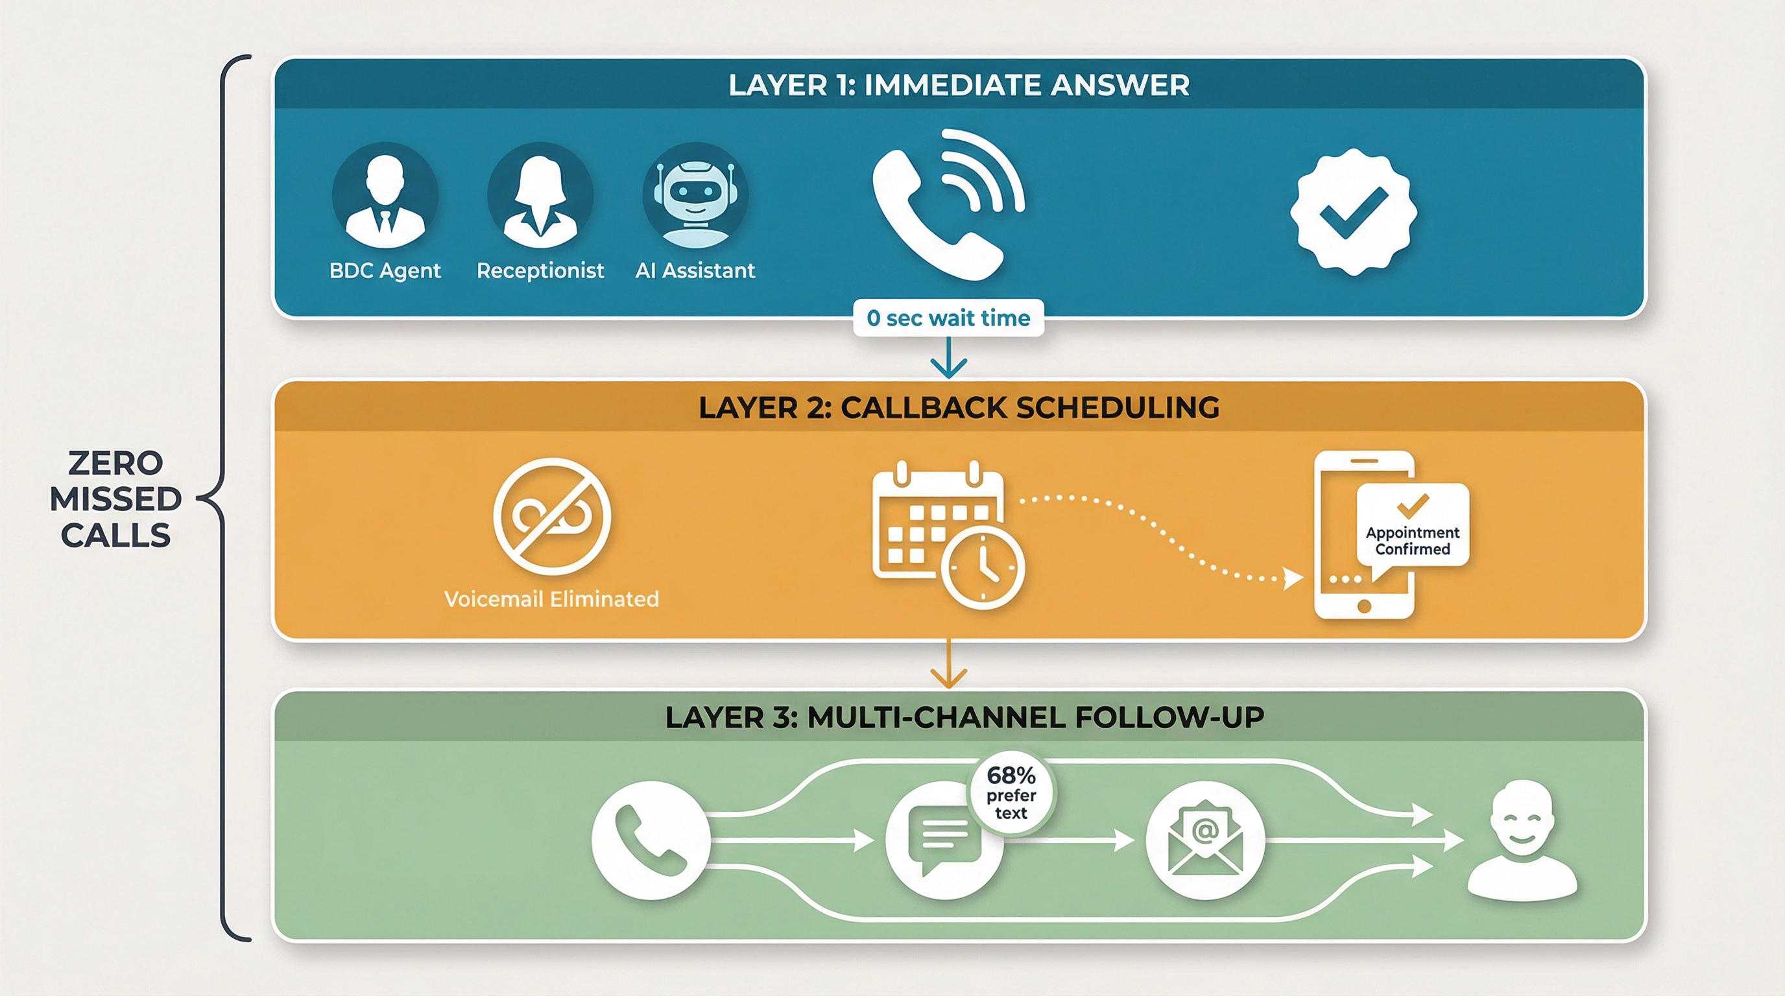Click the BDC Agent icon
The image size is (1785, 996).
tap(385, 196)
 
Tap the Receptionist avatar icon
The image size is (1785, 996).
tap(540, 196)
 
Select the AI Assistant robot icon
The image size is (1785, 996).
tap(695, 196)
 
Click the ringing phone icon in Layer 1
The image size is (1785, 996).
tap(946, 204)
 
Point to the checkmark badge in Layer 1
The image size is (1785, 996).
tap(1353, 211)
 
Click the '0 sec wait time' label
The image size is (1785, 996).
tap(948, 318)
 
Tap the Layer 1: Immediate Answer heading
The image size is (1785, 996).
tap(959, 85)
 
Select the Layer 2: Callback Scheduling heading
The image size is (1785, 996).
tap(959, 407)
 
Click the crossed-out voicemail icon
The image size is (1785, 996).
tap(551, 517)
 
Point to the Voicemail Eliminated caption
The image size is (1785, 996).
tap(551, 599)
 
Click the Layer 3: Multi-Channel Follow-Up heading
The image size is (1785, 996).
tap(964, 717)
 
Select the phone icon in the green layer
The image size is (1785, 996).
tap(651, 840)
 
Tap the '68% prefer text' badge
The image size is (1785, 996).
tap(1011, 793)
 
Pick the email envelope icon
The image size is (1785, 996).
tap(1205, 840)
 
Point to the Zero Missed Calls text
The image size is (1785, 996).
tap(115, 499)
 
